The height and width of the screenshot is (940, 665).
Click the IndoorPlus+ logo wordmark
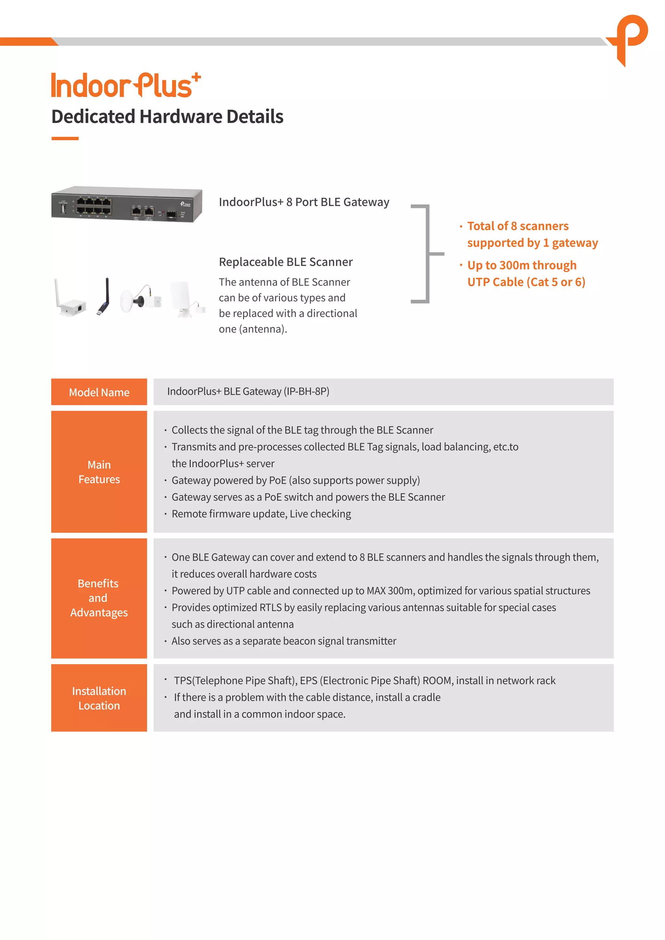[125, 86]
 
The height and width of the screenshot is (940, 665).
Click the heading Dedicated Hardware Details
[167, 117]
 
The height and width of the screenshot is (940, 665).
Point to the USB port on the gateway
[63, 209]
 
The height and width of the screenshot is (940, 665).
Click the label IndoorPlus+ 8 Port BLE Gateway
[304, 202]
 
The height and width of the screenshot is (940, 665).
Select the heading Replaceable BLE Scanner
[285, 262]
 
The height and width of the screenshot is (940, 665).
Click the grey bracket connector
[427, 254]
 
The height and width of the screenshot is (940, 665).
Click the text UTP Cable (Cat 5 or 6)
[526, 282]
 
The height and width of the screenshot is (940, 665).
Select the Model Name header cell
[99, 392]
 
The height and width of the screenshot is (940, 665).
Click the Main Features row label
[99, 472]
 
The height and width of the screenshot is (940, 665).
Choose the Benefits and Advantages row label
[99, 598]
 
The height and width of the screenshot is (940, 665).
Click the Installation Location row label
[99, 699]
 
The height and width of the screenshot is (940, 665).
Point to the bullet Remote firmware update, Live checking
[261, 514]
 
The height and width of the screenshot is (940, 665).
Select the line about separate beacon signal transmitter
[284, 641]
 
